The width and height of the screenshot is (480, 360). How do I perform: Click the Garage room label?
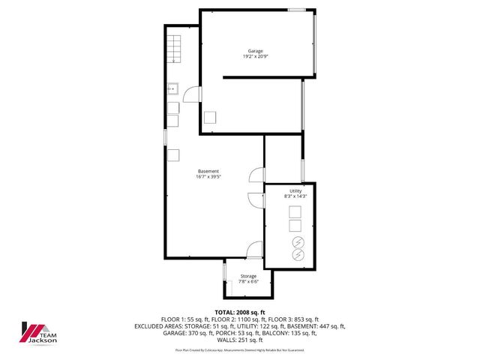(256, 51)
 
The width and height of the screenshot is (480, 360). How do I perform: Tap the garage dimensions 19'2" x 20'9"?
(256, 57)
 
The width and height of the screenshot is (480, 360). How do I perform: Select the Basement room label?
(208, 171)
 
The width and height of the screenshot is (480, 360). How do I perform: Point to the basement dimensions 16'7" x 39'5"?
(208, 177)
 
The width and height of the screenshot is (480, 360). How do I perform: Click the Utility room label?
(296, 190)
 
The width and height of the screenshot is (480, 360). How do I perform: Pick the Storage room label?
(248, 276)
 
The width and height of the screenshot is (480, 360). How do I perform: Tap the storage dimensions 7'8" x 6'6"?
(248, 282)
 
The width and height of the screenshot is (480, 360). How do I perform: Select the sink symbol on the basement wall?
(172, 88)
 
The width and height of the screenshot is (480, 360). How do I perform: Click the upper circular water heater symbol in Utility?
(296, 242)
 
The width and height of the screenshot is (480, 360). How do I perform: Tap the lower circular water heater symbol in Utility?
(296, 255)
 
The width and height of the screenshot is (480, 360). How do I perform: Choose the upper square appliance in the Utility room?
(295, 210)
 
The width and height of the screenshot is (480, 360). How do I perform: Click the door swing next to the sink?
(191, 94)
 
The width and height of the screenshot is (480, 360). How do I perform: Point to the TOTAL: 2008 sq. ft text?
(240, 312)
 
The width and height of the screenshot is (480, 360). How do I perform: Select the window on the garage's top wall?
(298, 9)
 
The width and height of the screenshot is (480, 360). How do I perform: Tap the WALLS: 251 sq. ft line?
(240, 340)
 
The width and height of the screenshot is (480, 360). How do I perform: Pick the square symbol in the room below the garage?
(211, 118)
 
